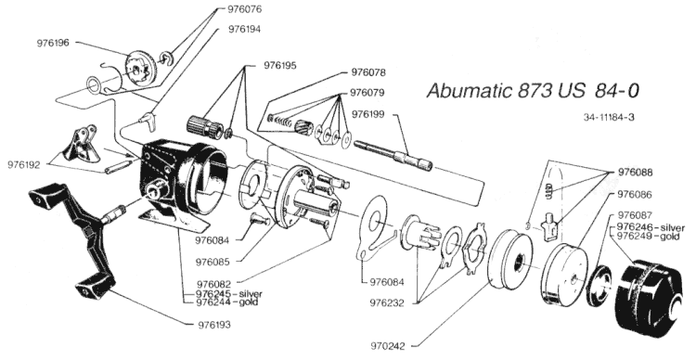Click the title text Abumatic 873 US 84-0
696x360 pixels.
coord(533,91)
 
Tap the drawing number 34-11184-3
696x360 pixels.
coord(609,118)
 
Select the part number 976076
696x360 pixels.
coord(245,9)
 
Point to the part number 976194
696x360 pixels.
coord(245,30)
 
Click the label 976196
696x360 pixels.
coord(53,43)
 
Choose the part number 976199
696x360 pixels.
coord(368,114)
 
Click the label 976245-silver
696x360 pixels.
coord(229,294)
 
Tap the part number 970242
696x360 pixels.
coord(389,346)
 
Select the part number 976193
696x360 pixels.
coord(214,325)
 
